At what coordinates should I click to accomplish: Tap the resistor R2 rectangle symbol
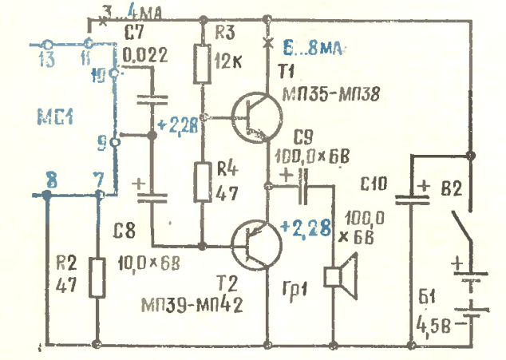[98, 278]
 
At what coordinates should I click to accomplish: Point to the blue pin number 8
[49, 182]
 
